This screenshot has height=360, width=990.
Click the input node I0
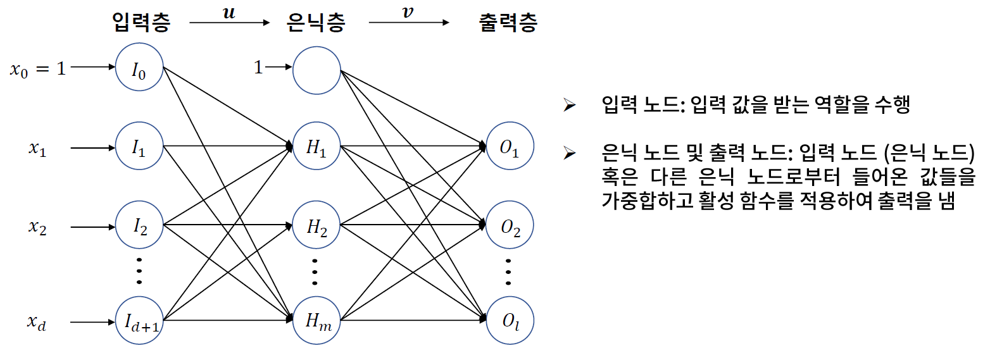pos(139,68)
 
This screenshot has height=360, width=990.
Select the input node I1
pos(139,149)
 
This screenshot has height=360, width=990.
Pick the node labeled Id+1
pos(139,321)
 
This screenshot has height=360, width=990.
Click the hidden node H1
pos(316,149)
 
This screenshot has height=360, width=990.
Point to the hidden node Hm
pos(316,321)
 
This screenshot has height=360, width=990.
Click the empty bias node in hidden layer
pos(316,68)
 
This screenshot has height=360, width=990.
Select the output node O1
pos(510,149)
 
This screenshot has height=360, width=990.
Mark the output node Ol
pos(510,321)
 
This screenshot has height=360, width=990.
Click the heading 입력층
pos(141,23)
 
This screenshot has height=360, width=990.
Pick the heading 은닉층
pos(316,23)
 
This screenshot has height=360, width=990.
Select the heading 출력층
pos(509,23)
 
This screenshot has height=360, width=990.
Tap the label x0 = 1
pos(37,68)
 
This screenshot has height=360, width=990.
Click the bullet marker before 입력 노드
pos(568,105)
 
